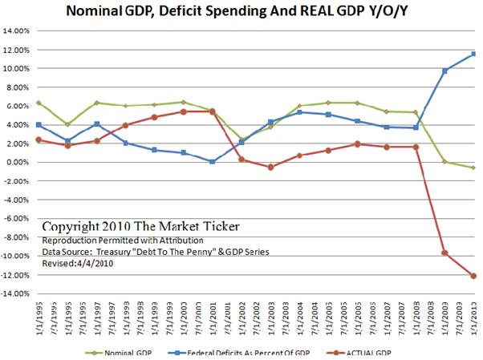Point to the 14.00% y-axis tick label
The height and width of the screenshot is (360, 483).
17,31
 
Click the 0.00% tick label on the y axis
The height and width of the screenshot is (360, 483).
19,162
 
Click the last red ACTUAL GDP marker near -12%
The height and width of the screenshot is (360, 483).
473,276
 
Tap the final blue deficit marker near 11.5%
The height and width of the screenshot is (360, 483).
473,54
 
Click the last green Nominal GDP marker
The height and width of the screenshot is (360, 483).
473,168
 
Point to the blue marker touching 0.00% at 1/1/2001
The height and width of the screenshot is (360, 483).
213,161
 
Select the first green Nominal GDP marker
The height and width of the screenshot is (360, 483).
39,103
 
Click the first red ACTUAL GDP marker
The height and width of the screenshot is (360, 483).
39,140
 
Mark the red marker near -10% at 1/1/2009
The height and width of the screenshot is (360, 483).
444,253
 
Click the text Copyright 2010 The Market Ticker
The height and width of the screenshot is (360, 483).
140,227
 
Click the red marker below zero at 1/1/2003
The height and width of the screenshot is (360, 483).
270,167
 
